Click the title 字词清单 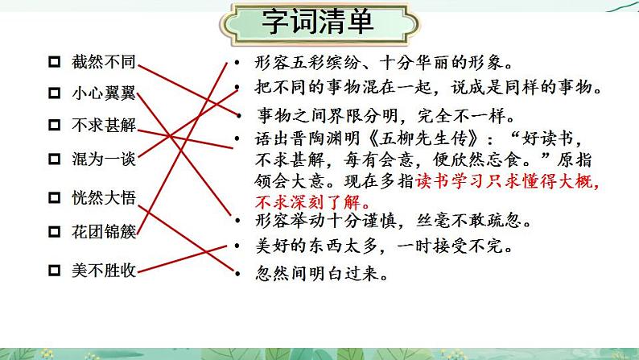[x=318, y=22]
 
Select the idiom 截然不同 [x=103, y=61]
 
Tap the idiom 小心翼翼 [x=103, y=93]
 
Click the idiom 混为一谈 [x=103, y=158]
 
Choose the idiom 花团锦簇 [x=103, y=232]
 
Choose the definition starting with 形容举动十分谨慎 [x=393, y=219]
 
